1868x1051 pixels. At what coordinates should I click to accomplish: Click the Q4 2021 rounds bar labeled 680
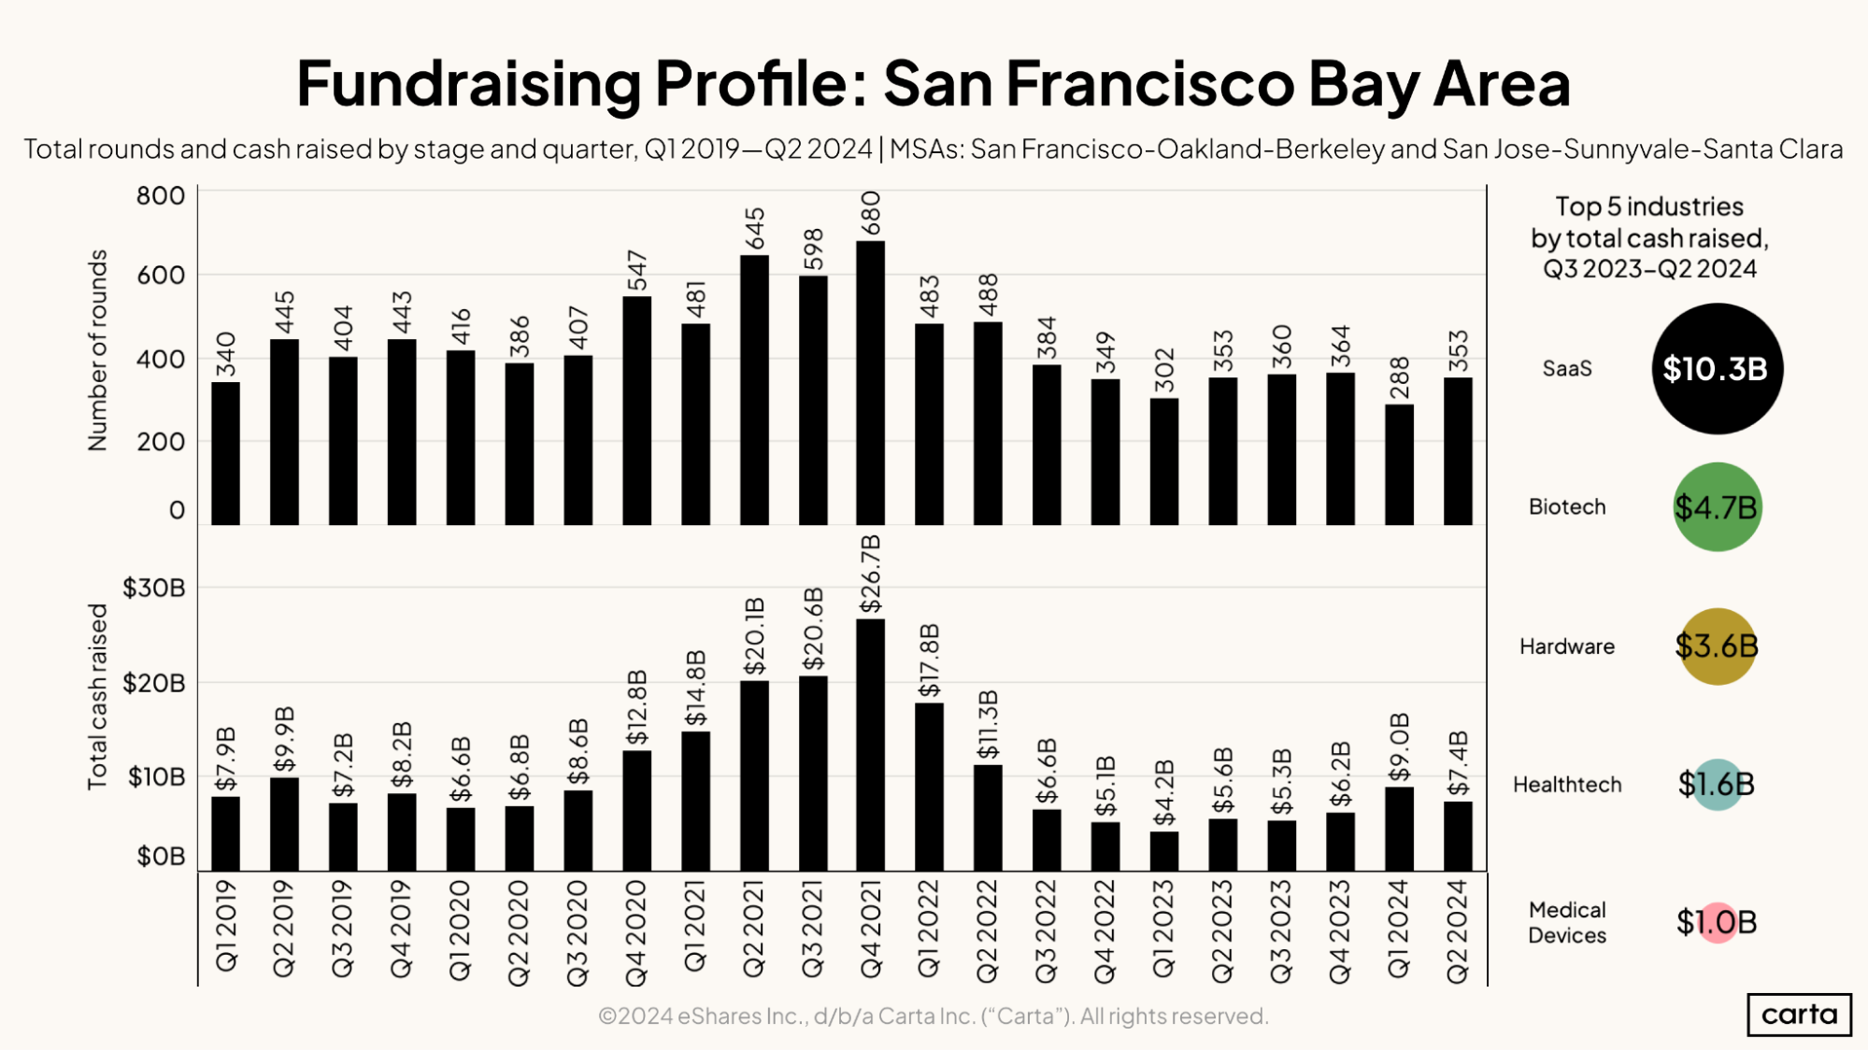[870, 383]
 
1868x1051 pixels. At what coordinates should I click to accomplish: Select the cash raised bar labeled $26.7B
[870, 745]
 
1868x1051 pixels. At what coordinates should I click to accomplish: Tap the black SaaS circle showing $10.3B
[1717, 369]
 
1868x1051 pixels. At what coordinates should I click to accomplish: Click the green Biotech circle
[1717, 507]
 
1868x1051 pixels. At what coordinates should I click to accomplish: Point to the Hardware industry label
[1566, 646]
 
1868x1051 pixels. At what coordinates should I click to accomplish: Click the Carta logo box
[1798, 1015]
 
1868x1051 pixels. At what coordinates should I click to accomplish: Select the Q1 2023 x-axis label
[1163, 929]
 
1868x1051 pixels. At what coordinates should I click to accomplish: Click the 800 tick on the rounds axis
[161, 196]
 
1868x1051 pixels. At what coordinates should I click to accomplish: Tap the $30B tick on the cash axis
[154, 589]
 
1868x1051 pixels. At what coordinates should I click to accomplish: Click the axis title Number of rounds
[98, 350]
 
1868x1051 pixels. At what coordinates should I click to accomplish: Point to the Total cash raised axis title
[98, 696]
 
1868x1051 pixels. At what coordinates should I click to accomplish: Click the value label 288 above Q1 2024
[1399, 377]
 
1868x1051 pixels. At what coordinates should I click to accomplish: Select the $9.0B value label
[1399, 747]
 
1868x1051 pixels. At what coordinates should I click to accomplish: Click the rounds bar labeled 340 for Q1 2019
[225, 453]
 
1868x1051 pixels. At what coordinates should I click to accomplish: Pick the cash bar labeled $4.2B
[1163, 851]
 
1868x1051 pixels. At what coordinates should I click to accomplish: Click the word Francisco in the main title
[1150, 84]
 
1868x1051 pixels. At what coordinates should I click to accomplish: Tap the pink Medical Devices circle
[1717, 923]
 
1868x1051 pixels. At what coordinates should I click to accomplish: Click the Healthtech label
[1567, 785]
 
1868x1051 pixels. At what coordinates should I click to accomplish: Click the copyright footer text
[933, 1016]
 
